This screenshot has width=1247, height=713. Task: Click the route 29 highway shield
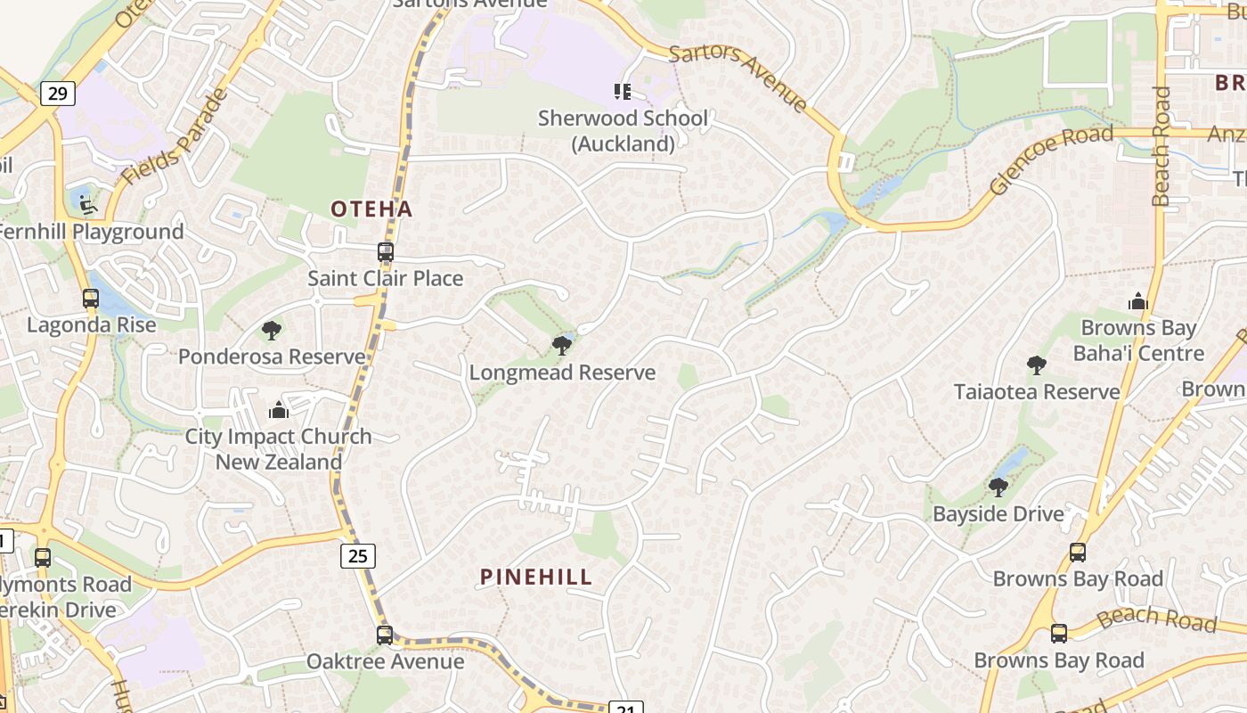pyautogui.click(x=57, y=94)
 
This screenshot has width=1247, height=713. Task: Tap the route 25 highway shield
pyautogui.click(x=357, y=556)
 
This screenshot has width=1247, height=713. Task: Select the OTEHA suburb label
pyautogui.click(x=371, y=209)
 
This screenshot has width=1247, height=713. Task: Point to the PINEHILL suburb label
pyautogui.click(x=536, y=577)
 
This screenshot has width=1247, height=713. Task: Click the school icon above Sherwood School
pyautogui.click(x=622, y=91)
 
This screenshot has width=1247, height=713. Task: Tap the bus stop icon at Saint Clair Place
pyautogui.click(x=386, y=252)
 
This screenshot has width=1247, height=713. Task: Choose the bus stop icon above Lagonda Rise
pyautogui.click(x=91, y=299)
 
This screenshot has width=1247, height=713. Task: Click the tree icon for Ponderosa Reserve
pyautogui.click(x=272, y=332)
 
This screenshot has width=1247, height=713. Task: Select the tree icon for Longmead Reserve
pyautogui.click(x=561, y=346)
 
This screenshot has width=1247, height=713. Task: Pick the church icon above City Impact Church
pyautogui.click(x=279, y=410)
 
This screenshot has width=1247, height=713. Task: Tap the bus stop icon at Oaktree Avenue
pyautogui.click(x=385, y=635)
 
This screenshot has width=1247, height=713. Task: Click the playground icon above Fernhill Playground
pyautogui.click(x=87, y=205)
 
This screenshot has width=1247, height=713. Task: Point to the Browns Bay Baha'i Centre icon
pyautogui.click(x=1137, y=302)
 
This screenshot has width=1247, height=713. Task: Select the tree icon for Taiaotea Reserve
pyautogui.click(x=1036, y=365)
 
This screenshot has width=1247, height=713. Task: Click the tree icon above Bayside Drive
pyautogui.click(x=998, y=488)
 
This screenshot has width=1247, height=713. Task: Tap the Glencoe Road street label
pyautogui.click(x=1052, y=160)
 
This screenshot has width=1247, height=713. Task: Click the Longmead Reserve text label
pyautogui.click(x=562, y=373)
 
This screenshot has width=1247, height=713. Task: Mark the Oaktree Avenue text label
pyautogui.click(x=385, y=661)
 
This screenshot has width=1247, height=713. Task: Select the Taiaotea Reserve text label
pyautogui.click(x=1037, y=392)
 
